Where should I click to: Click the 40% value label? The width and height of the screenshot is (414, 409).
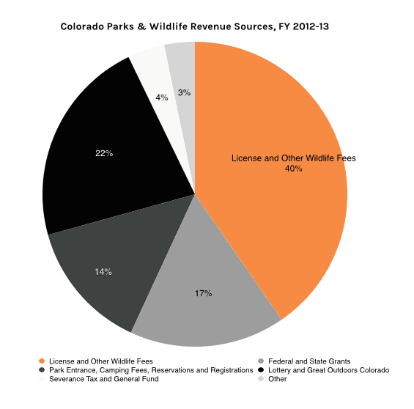click(x=293, y=169)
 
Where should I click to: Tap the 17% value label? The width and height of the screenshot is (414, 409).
click(x=203, y=293)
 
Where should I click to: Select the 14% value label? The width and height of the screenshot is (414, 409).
click(x=103, y=272)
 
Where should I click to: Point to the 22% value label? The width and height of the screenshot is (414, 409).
click(x=104, y=153)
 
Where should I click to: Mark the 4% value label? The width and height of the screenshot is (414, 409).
click(x=162, y=97)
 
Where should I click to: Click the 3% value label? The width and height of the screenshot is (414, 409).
click(x=185, y=93)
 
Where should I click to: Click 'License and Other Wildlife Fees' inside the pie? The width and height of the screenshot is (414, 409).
click(x=293, y=158)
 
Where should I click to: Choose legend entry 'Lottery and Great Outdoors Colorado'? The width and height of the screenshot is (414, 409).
click(x=329, y=370)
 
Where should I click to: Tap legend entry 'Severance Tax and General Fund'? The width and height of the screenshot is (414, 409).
click(x=103, y=379)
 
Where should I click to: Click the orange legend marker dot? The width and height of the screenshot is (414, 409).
click(x=42, y=361)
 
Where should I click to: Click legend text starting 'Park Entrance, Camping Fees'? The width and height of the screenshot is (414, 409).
click(x=149, y=370)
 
